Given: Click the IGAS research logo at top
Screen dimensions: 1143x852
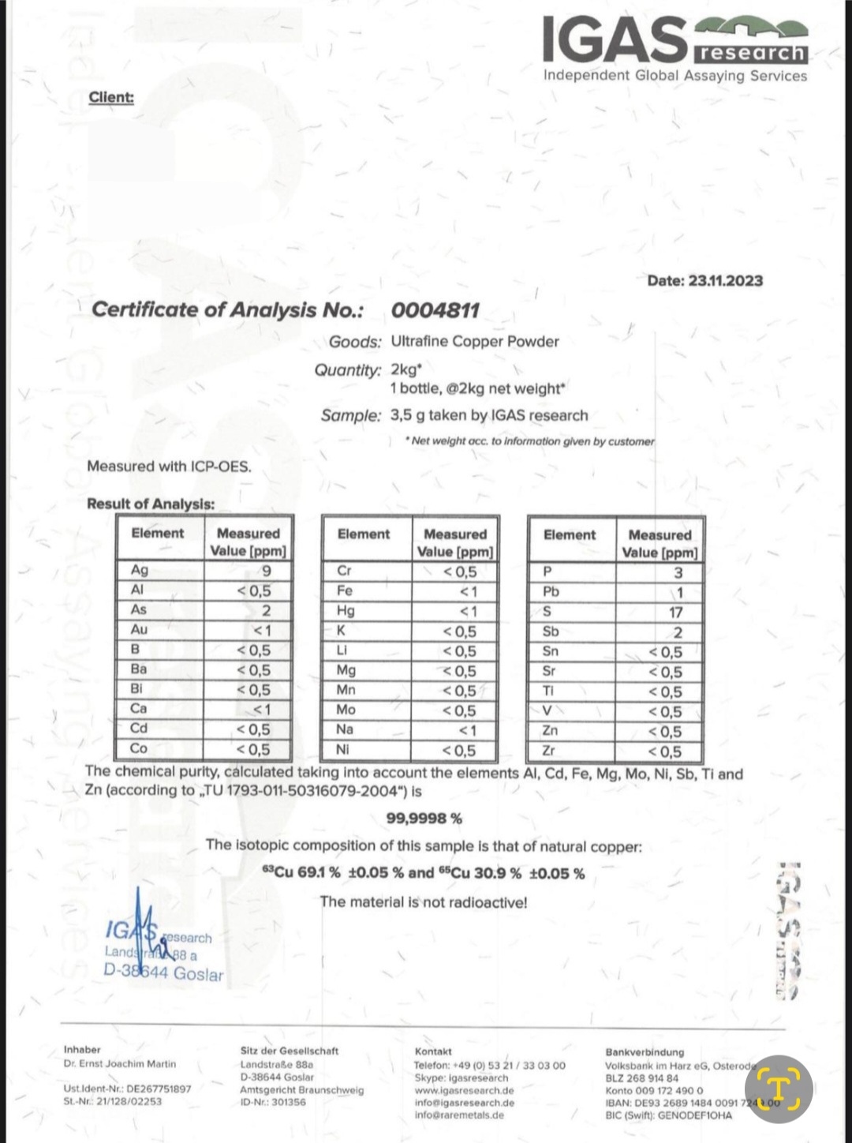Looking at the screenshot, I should coord(674,41).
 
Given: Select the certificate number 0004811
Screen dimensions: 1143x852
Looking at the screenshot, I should coord(435,310).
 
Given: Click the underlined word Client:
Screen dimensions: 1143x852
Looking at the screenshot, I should coord(111,97).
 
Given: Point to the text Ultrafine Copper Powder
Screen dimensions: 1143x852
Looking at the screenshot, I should coord(474,341).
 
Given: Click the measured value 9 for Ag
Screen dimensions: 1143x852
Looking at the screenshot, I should coord(266,570).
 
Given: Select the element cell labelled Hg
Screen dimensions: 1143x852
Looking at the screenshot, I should coord(346,611).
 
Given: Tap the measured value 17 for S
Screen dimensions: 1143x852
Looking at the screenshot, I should coord(675,613).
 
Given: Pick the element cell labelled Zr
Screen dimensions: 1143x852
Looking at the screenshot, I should coord(549,751).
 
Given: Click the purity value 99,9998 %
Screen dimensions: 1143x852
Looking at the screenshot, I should coord(424,818).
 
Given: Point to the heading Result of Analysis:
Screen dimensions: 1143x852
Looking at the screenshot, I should coord(151,504).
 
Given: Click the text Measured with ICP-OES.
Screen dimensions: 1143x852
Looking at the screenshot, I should coord(169,466).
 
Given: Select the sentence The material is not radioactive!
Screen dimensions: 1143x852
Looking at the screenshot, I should coord(424,901).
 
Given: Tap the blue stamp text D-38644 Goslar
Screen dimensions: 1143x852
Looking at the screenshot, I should coord(163,973).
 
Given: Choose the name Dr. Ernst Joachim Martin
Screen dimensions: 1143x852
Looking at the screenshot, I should coord(120,1064).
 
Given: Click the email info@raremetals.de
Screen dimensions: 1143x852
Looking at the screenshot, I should coord(459,1115).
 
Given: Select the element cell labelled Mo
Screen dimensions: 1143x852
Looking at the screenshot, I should coord(346,710).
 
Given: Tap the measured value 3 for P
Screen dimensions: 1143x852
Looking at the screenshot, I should coord(678,572).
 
